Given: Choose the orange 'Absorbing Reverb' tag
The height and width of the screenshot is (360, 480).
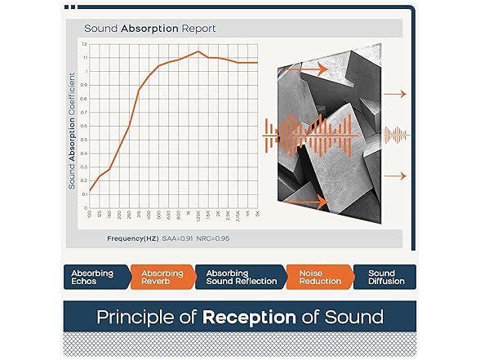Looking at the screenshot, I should [162, 278].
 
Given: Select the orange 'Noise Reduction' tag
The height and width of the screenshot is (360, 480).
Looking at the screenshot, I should [316, 278].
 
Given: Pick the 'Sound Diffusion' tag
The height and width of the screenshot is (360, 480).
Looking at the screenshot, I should [382, 278].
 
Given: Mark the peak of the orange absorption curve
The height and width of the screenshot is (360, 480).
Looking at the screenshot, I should [198, 51].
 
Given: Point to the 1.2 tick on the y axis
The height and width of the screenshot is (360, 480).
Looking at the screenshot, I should [84, 44].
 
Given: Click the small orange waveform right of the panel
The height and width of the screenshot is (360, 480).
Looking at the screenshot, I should [395, 133].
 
